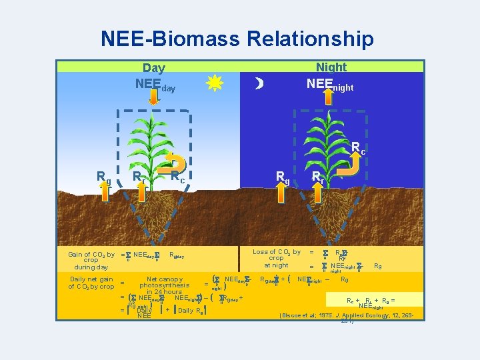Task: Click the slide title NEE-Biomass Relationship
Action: tap(237, 38)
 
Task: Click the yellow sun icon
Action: tap(214, 83)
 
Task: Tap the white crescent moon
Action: tap(259, 83)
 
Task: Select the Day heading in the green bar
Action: tap(154, 67)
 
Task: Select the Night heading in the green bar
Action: tap(331, 67)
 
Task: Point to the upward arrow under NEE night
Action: tap(331, 97)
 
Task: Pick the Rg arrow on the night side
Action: tap(283, 190)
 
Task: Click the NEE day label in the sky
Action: tap(155, 85)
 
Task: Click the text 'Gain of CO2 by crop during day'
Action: tap(91, 260)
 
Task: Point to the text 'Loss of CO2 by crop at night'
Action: tap(276, 258)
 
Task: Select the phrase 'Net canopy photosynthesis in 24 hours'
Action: tap(165, 285)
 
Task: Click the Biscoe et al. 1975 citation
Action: tap(347, 317)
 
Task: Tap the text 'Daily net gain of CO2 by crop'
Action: tap(91, 283)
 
